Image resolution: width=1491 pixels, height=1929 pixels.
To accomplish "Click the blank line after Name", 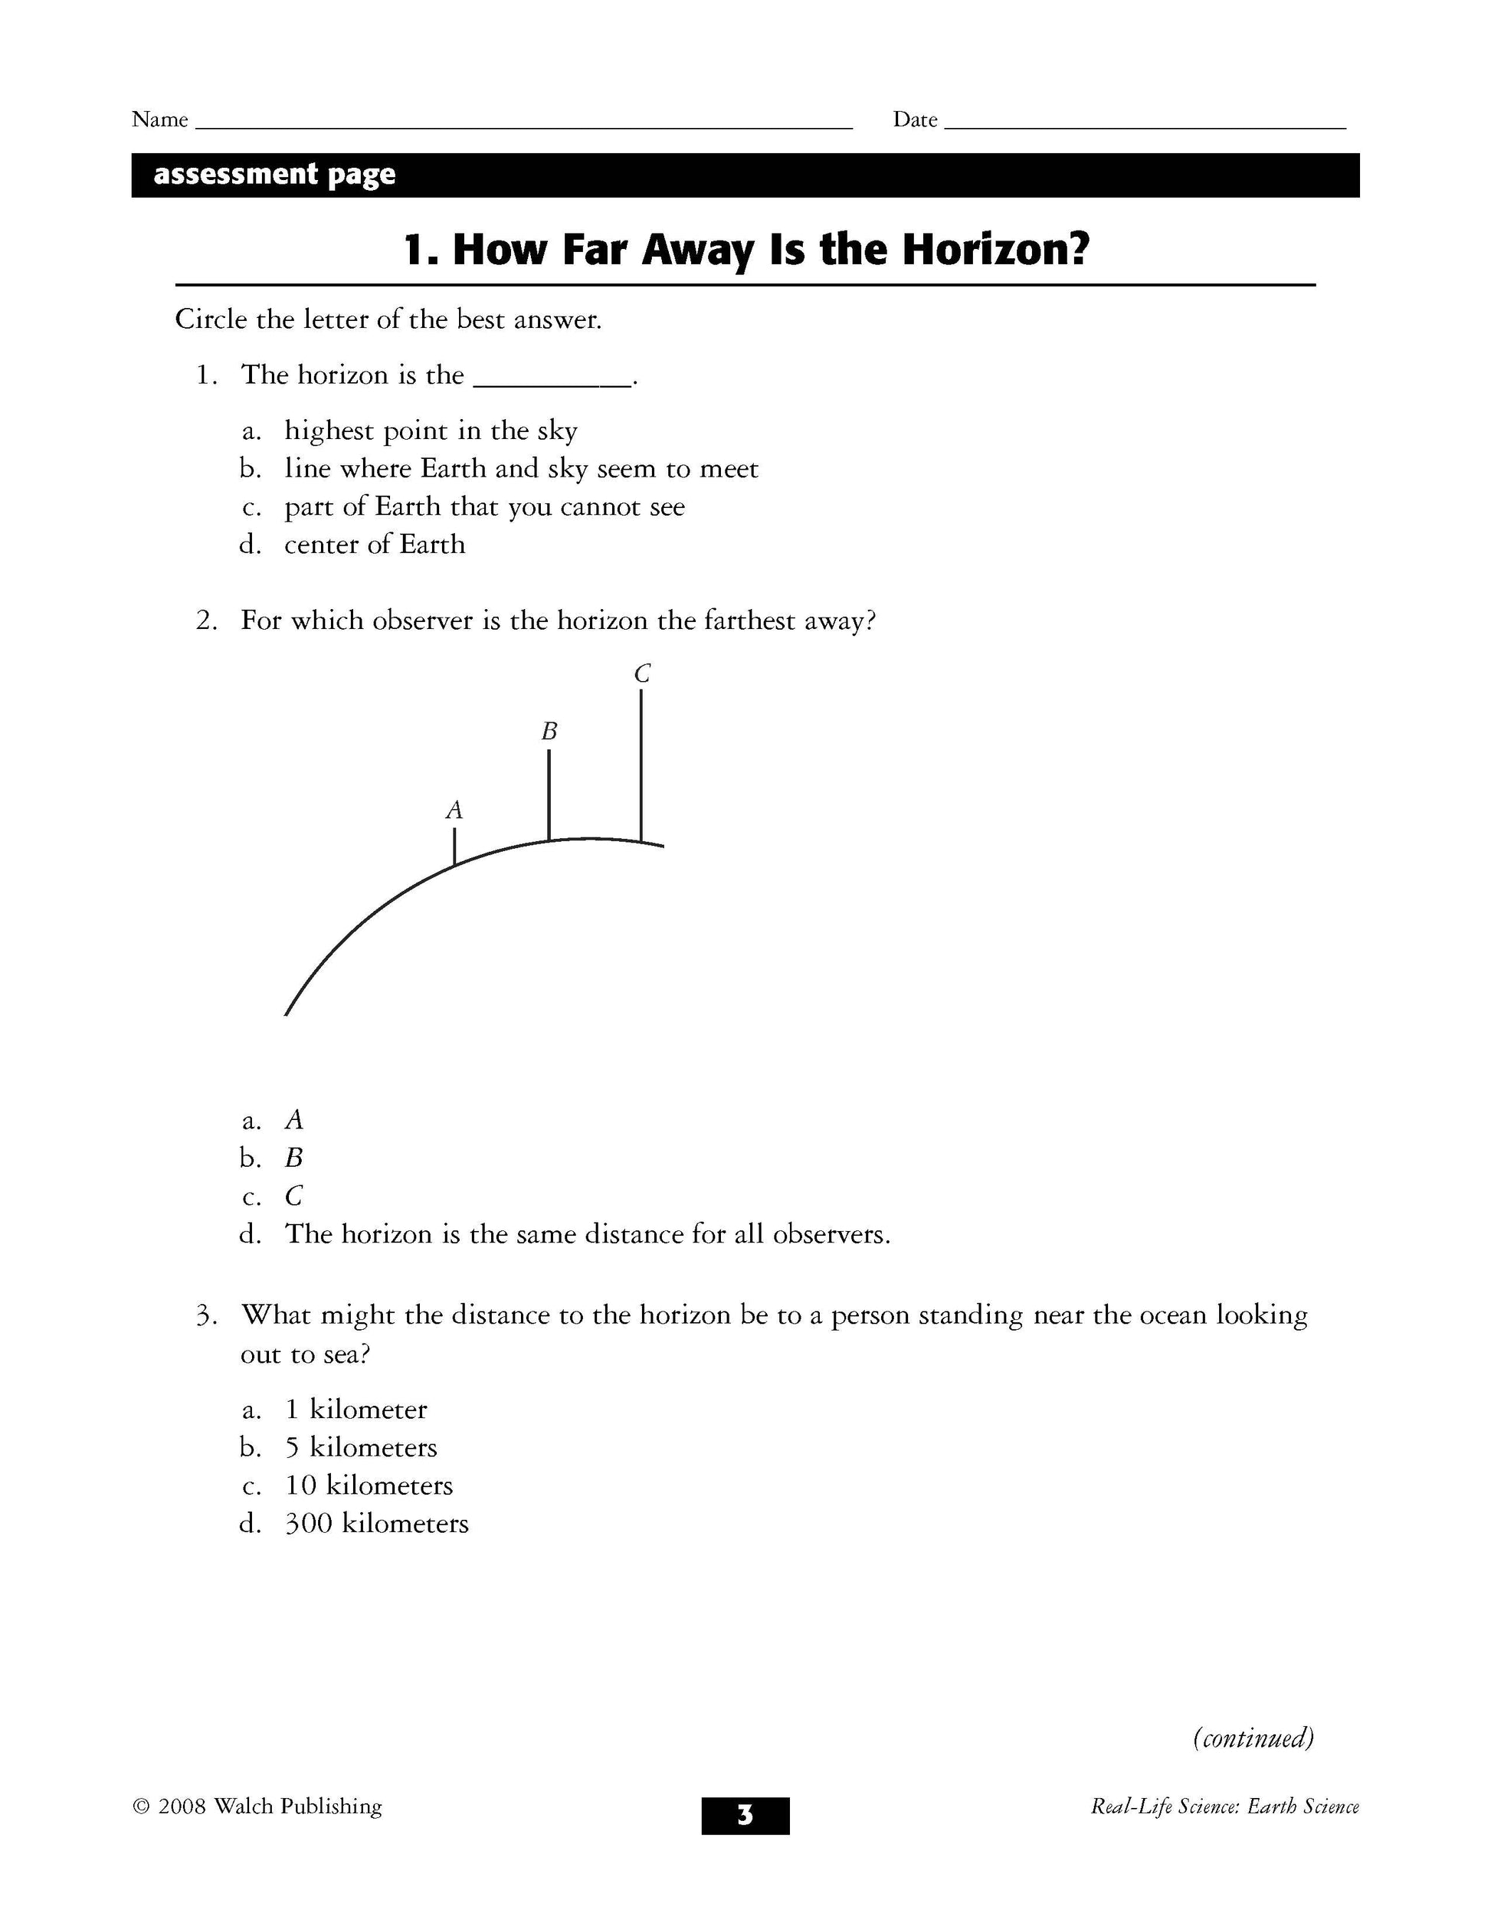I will (523, 126).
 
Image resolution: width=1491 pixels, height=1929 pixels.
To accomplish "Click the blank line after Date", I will (1145, 126).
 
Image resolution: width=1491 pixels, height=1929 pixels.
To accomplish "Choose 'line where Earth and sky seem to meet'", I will (521, 469).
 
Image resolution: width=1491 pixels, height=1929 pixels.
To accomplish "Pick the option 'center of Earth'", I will (375, 545).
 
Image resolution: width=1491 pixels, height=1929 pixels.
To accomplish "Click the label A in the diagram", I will (454, 810).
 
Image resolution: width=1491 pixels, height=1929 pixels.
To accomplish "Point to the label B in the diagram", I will (549, 732).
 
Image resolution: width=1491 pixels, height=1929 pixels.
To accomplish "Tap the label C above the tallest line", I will (642, 674).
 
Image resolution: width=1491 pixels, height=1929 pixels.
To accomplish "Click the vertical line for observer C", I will (641, 765).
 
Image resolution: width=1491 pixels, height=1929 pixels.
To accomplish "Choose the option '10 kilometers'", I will (369, 1485).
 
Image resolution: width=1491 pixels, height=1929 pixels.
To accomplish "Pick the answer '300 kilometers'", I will (376, 1524).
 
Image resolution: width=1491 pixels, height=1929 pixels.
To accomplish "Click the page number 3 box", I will (745, 1816).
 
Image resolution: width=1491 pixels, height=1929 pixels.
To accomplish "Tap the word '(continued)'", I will (1253, 1738).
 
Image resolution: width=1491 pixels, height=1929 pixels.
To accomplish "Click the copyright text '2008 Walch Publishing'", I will (270, 1806).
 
